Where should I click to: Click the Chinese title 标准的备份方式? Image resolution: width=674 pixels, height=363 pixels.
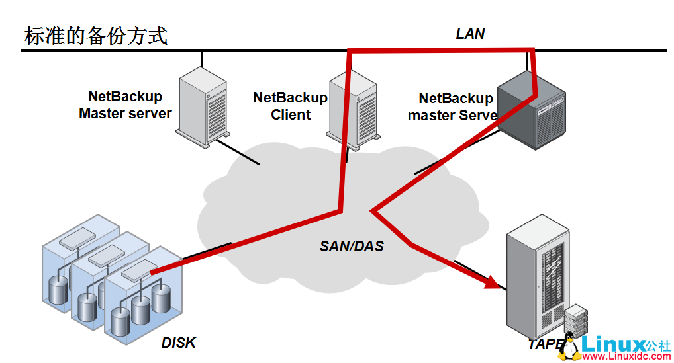click(x=95, y=36)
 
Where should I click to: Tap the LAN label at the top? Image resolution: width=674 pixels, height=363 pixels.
click(x=470, y=34)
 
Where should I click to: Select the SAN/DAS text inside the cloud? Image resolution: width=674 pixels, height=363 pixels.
click(x=352, y=247)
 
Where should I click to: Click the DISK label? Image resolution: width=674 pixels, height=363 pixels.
click(x=179, y=343)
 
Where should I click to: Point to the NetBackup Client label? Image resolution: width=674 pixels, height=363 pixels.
click(x=290, y=106)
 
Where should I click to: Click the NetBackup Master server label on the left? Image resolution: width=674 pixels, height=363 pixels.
click(x=125, y=105)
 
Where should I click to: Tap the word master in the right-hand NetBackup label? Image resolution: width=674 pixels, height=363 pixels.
click(x=431, y=116)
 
